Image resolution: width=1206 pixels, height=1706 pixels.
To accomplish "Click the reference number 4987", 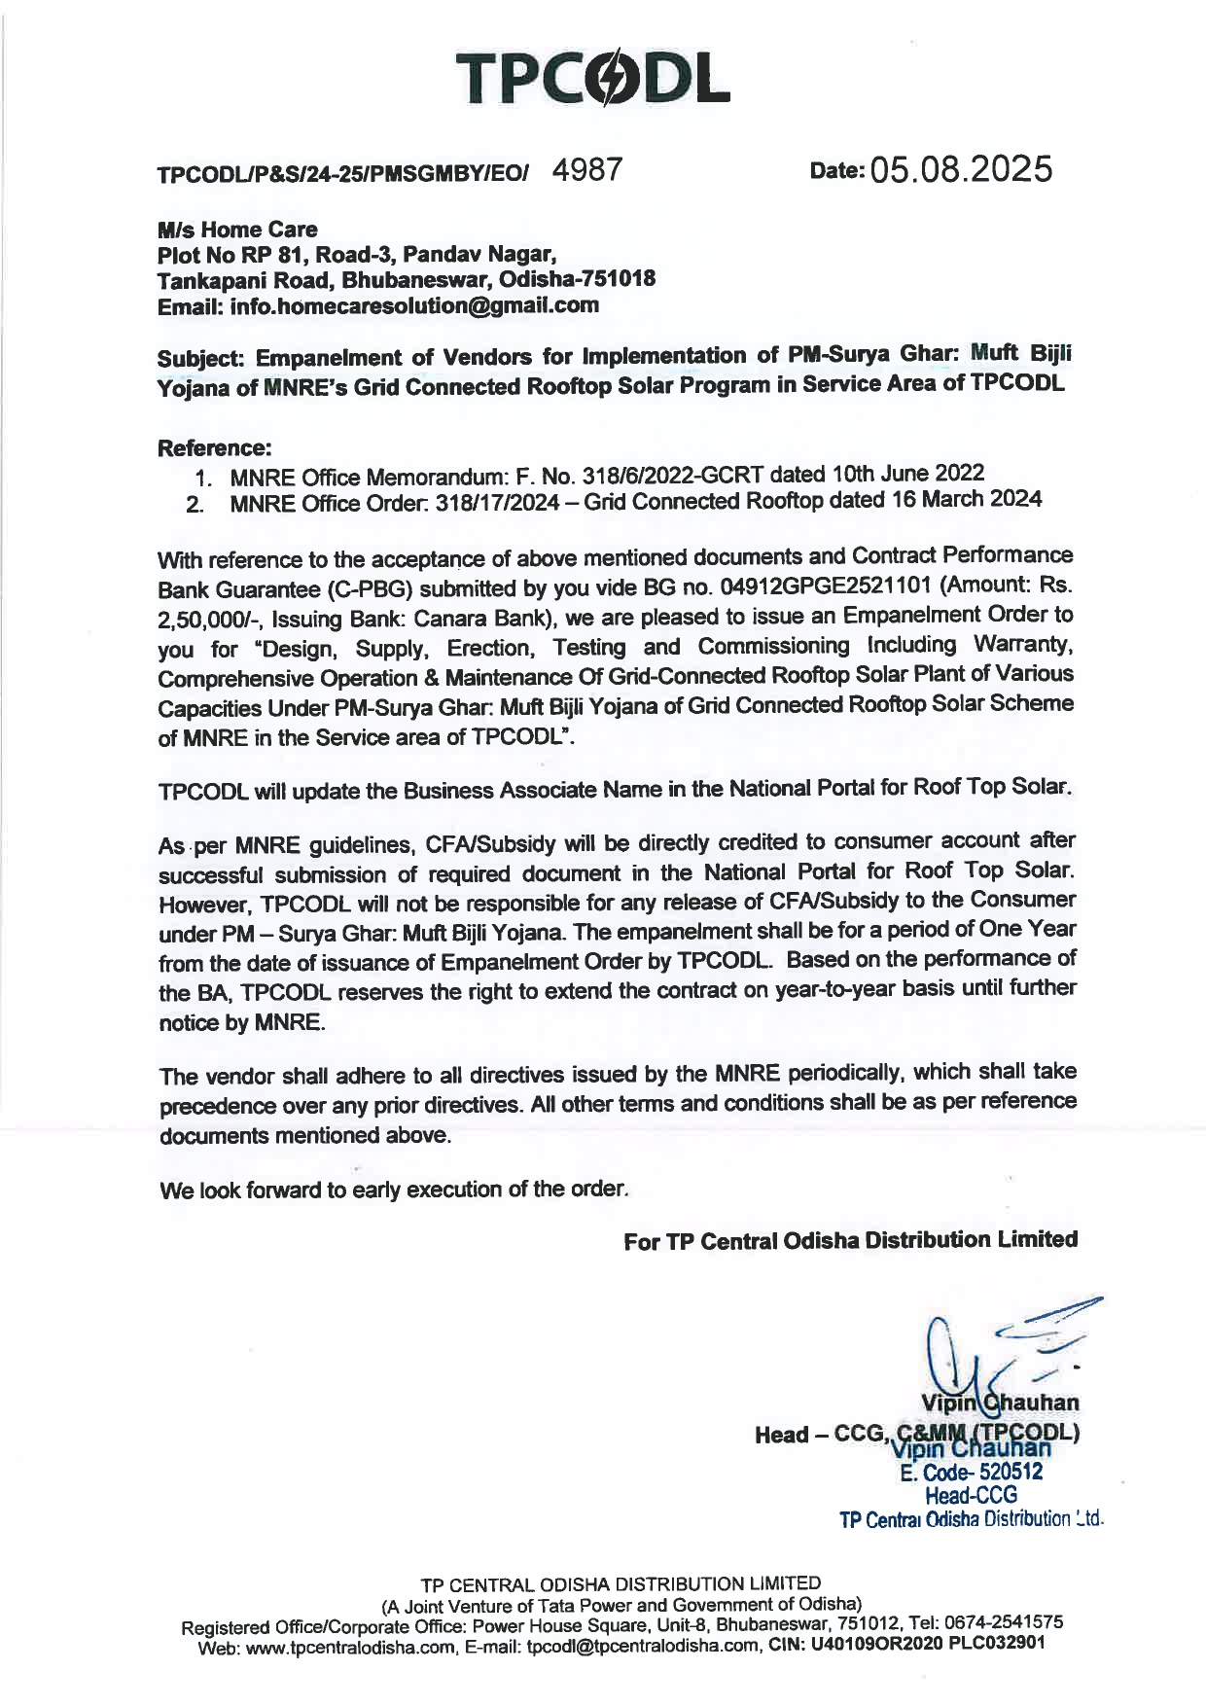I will (x=585, y=170).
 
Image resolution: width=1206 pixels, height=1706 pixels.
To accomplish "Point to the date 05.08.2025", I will (x=962, y=170).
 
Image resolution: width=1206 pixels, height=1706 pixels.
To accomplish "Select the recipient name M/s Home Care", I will (x=237, y=230).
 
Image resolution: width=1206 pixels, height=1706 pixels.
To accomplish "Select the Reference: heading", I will (x=214, y=448).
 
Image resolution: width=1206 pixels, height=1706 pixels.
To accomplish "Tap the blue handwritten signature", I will (x=1002, y=1352).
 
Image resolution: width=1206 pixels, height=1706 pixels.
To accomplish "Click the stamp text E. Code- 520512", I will (x=971, y=1473).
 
